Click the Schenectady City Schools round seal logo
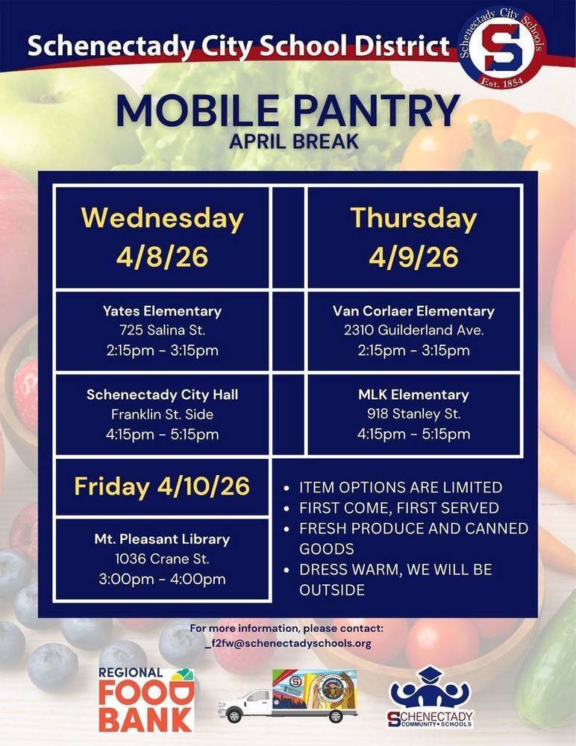[x=501, y=47]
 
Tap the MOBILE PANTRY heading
[x=287, y=110]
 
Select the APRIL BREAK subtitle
[x=287, y=141]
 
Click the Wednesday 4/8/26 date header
[x=162, y=237]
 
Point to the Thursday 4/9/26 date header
[x=413, y=237]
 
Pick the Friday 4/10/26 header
[x=162, y=486]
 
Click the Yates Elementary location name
[x=162, y=311]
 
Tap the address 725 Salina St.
[x=162, y=330]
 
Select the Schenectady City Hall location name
[x=162, y=395]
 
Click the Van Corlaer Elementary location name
[x=413, y=311]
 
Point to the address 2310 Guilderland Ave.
[x=413, y=330]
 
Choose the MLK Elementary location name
[x=413, y=395]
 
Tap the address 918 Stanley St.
[x=413, y=414]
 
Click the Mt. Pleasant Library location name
[x=162, y=539]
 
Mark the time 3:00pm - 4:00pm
[x=162, y=579]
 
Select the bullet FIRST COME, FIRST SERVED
[x=398, y=508]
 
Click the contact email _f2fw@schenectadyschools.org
[x=287, y=643]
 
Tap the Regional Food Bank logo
[x=146, y=699]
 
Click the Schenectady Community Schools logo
[x=431, y=698]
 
